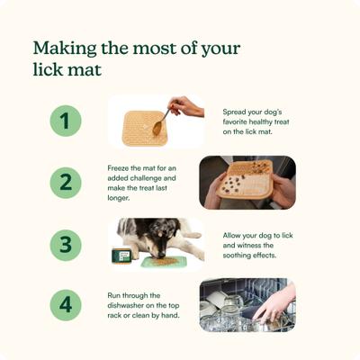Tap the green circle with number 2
click(65, 183)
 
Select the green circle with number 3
click(65, 244)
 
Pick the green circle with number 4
click(65, 305)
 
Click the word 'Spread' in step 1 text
click(236, 112)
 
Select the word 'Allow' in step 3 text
click(233, 235)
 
